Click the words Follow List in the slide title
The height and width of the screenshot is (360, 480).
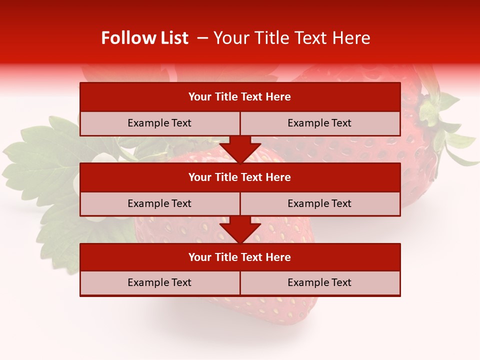144,38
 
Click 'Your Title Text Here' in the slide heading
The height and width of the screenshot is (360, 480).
291,38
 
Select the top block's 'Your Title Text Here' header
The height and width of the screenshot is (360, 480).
239,97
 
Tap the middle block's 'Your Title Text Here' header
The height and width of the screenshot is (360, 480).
239,177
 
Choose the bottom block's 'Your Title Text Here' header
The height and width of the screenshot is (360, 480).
239,257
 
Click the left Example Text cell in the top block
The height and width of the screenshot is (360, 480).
159,123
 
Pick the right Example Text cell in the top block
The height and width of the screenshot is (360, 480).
319,123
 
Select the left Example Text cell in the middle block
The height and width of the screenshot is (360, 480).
159,203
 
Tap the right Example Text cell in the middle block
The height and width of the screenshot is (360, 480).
319,203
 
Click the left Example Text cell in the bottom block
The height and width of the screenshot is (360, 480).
159,282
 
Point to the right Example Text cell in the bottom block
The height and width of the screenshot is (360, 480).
319,282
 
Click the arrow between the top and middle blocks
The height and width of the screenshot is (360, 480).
240,149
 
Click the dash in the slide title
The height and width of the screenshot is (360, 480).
203,38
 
